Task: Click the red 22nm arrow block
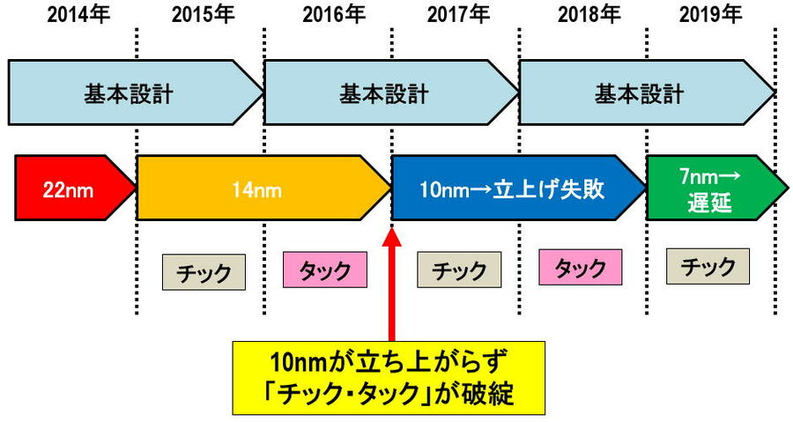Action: (70, 188)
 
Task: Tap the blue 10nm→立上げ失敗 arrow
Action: (515, 188)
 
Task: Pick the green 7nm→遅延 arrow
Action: (712, 188)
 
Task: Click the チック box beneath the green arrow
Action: (708, 264)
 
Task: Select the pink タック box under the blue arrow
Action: (579, 268)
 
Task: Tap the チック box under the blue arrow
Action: (458, 269)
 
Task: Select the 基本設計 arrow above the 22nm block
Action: (132, 93)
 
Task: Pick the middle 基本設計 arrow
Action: (388, 93)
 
